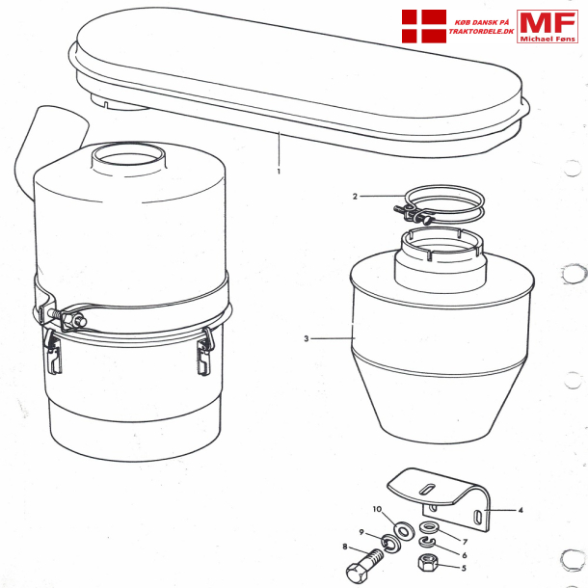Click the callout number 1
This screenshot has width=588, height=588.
[x=279, y=171]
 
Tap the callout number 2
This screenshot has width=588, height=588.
[x=355, y=197]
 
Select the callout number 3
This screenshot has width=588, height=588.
[x=307, y=338]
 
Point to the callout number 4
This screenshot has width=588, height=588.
[x=520, y=508]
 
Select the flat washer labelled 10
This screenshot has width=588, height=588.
[x=402, y=529]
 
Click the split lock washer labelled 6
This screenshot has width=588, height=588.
[x=428, y=544]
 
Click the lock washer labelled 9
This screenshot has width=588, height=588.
[x=389, y=546]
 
